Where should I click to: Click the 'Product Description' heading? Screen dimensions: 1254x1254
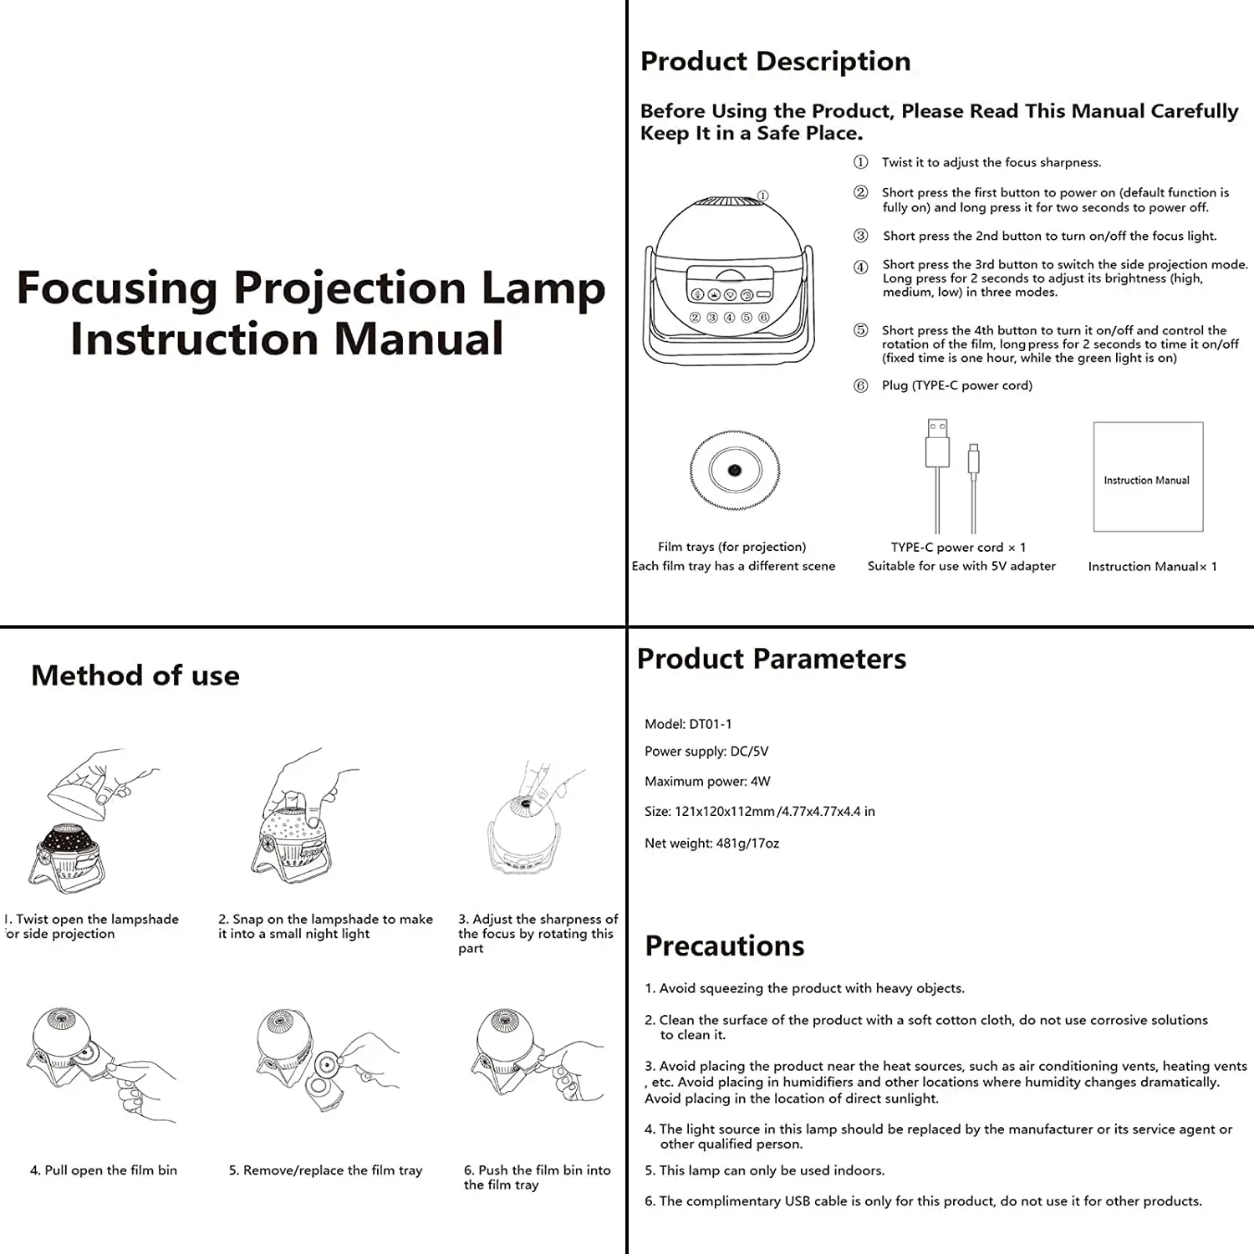(775, 61)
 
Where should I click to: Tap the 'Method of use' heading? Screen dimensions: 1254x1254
(135, 675)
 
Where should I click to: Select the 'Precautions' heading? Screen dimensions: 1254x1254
(724, 946)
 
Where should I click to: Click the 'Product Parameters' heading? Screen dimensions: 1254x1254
(771, 659)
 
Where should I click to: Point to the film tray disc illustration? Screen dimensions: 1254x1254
(734, 471)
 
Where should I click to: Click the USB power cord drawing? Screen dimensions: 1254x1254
(951, 475)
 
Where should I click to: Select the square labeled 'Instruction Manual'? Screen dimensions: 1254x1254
(1148, 477)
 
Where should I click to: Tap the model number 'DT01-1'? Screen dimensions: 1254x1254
(710, 724)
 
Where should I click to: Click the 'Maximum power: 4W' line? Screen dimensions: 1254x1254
(707, 782)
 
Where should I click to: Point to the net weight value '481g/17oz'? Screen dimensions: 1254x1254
(747, 844)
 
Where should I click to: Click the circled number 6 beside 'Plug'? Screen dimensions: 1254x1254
(860, 385)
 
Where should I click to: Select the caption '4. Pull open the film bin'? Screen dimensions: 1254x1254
(104, 1170)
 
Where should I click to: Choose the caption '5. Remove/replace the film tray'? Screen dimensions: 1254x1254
(325, 1170)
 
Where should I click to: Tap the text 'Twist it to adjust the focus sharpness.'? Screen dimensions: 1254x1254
(991, 162)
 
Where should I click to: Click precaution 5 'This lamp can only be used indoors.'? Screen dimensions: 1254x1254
(764, 1170)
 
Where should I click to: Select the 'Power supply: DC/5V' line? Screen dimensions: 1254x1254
(706, 752)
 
